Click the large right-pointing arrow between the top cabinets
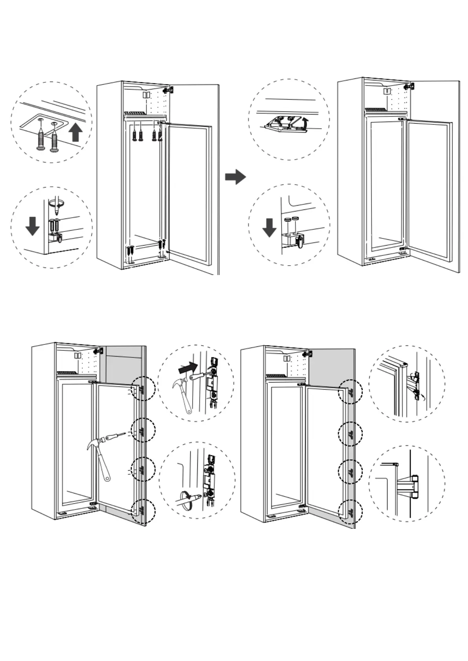pos(235,177)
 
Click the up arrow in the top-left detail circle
pos(75,133)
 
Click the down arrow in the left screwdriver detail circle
pos(32,226)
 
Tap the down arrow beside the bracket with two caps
pos(269,228)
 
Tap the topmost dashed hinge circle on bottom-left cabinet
pos(143,388)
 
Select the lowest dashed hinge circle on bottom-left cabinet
pos(143,511)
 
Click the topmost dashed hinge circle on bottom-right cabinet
pos(350,392)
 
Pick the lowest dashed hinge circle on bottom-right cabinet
pos(350,512)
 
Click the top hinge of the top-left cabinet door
pos(169,90)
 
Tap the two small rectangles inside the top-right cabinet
pos(387,91)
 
